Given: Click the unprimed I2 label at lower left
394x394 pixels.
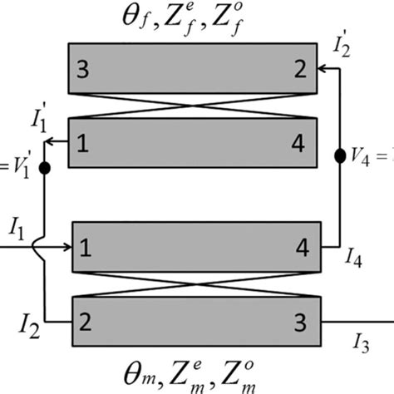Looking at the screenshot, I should click(x=24, y=320).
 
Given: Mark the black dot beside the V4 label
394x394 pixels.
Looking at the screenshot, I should click(x=340, y=155).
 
